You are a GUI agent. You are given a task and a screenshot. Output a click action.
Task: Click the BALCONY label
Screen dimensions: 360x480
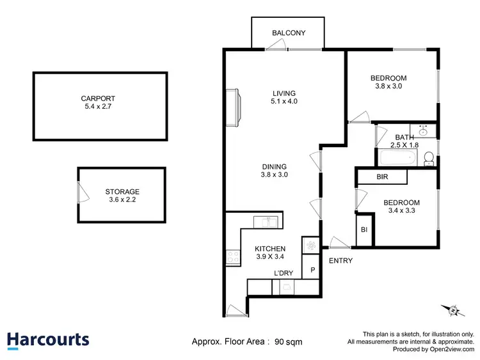coord(289,33)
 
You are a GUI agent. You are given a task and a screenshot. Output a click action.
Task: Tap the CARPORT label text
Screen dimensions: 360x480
coord(98,98)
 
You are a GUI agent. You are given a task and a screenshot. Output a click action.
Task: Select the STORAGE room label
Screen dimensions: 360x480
coord(122,191)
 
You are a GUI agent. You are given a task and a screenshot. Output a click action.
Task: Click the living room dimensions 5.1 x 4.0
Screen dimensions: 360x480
coord(285,101)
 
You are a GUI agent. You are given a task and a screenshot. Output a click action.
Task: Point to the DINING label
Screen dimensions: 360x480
coord(274,166)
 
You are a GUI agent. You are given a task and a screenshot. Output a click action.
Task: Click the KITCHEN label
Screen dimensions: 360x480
coord(270,249)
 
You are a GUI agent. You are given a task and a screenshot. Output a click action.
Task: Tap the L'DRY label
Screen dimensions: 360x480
coord(284,274)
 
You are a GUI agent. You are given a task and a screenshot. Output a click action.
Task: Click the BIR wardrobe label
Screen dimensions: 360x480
coord(381,176)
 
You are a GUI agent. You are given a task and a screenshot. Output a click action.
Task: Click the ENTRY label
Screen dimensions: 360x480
coord(340,261)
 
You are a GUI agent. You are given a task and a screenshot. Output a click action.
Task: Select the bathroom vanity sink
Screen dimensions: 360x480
coord(423,130)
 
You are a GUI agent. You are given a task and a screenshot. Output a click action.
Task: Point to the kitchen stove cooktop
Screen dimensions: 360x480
coord(232,257)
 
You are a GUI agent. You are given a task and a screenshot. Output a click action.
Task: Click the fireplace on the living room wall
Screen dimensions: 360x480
coord(234,107)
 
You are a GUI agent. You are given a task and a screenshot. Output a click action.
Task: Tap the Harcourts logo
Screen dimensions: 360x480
coord(48,340)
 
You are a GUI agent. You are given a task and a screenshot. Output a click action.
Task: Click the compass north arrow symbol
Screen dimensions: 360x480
coord(453,311)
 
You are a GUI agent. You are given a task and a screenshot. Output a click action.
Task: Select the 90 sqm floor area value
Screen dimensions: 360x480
coord(289,341)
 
